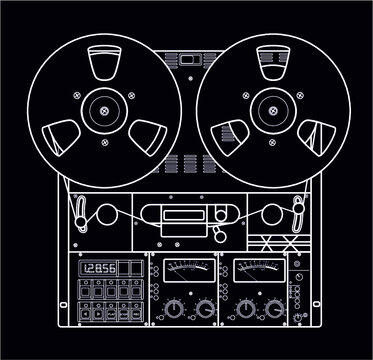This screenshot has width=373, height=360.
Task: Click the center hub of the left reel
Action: pos(104,110)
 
